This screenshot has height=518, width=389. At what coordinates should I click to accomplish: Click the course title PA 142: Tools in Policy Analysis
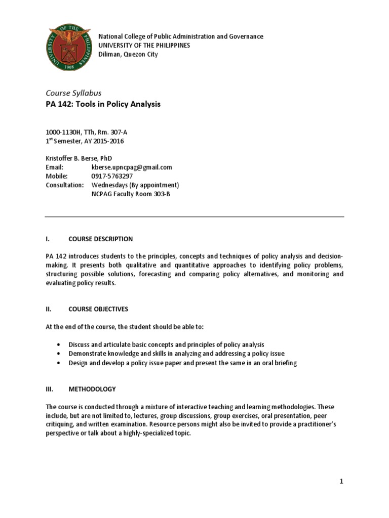[x=103, y=104]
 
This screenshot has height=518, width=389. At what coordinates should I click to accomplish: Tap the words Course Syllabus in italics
[x=73, y=93]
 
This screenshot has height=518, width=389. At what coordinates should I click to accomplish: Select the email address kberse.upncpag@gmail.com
[x=132, y=167]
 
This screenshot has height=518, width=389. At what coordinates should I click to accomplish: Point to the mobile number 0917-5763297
[x=114, y=176]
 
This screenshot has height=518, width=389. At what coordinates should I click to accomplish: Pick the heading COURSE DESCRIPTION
[x=101, y=239]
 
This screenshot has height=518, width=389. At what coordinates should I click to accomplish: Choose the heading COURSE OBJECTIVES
[x=98, y=309]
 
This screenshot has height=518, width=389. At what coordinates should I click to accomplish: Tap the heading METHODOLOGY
[x=92, y=389]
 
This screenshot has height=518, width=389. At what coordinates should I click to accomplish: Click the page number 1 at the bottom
[x=341, y=482]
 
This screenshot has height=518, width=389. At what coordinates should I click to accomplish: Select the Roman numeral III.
[x=50, y=389]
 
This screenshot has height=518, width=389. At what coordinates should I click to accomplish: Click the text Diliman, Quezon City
[x=128, y=54]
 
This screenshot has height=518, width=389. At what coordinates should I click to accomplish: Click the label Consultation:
[x=65, y=185]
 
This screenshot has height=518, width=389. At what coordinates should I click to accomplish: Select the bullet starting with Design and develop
[x=182, y=363]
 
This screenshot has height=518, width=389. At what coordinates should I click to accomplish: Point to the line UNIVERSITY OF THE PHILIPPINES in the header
[x=144, y=45]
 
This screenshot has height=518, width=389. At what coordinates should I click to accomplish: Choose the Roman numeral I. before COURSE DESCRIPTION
[x=47, y=239]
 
